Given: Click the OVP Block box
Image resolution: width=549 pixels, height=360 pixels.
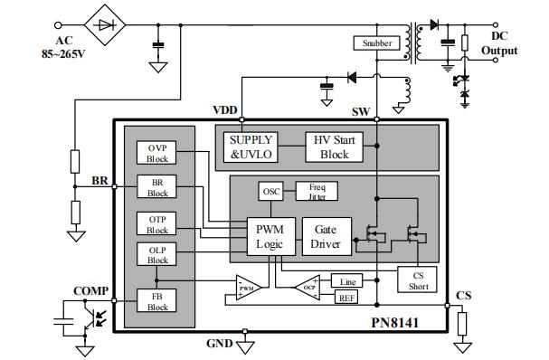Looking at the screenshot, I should [158, 153].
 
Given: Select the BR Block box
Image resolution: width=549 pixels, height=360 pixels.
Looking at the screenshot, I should [158, 187].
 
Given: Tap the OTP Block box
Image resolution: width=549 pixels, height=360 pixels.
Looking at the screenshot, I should [158, 223].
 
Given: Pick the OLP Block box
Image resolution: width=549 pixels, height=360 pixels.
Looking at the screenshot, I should [158, 254].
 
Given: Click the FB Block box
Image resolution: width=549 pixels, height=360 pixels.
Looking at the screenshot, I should [158, 300].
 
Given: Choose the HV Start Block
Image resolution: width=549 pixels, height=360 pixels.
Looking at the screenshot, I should [334, 147].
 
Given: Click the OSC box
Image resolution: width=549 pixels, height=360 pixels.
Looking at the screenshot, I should [271, 192].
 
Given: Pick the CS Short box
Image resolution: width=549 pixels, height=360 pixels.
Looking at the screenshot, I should [417, 279].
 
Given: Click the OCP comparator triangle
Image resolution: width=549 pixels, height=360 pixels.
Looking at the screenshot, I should [308, 289].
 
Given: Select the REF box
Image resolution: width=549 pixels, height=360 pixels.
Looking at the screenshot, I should [346, 298].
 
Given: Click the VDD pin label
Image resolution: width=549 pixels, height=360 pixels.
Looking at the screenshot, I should [224, 110].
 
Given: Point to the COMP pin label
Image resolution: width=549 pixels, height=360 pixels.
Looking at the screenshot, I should [90, 291].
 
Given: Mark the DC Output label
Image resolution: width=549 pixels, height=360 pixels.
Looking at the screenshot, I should [505, 43].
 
